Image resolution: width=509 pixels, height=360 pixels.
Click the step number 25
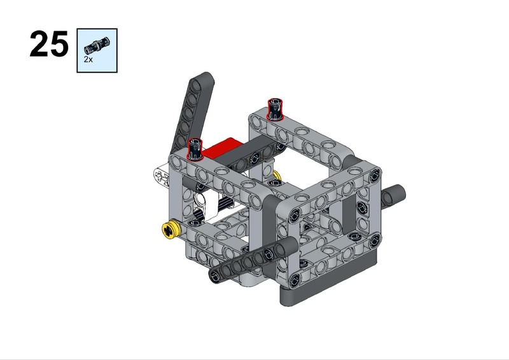[49, 44]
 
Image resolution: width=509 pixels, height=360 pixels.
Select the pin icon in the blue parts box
[97, 45]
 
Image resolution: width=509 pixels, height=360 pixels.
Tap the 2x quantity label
[88, 59]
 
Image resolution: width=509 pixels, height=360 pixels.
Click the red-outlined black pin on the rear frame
[275, 109]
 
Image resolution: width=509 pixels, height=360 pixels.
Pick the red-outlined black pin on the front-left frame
[195, 149]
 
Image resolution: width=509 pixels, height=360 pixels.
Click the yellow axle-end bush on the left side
[171, 230]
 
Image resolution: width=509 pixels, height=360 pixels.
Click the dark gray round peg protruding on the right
[393, 196]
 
